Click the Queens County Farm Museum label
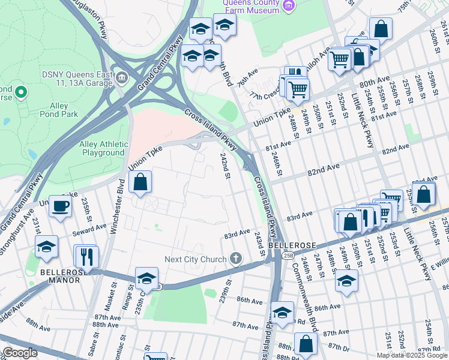pos(251,6)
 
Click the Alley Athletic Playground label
pos(104,148)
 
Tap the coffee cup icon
pos(60,207)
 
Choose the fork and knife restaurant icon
pos(86,257)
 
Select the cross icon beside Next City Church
pos(236,259)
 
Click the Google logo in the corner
pos(20,353)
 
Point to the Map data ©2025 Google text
pos(412,355)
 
